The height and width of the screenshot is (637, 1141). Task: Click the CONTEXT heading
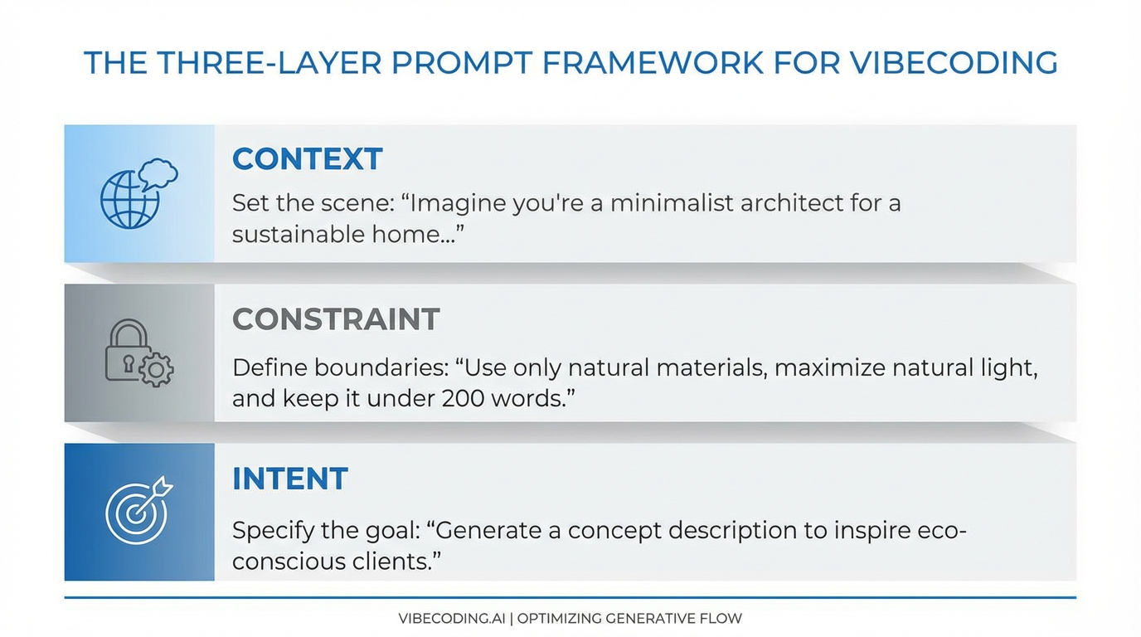[307, 158]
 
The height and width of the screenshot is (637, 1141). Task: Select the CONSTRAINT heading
[335, 319]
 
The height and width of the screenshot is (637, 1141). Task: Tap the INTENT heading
[289, 479]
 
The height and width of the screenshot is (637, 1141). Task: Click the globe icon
[129, 200]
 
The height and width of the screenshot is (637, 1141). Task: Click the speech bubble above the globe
[158, 173]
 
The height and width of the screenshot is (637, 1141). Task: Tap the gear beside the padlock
[156, 369]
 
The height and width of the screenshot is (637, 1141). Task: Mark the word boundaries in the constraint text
[379, 367]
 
